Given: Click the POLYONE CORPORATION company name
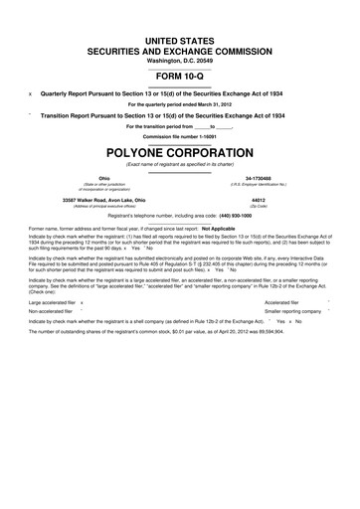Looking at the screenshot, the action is (x=179, y=151).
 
